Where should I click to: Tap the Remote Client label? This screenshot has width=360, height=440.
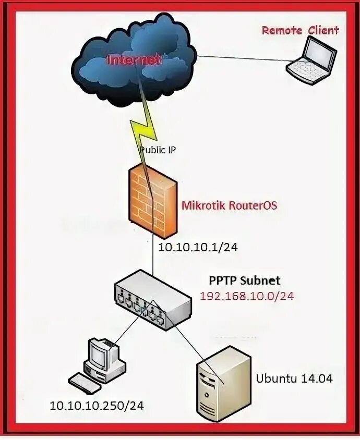pyautogui.click(x=300, y=30)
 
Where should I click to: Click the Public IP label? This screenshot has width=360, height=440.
pyautogui.click(x=158, y=150)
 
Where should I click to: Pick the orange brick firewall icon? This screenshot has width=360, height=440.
pyautogui.click(x=153, y=201)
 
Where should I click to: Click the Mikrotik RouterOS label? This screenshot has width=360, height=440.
pyautogui.click(x=229, y=205)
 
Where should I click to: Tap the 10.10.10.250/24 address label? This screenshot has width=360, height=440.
pyautogui.click(x=97, y=405)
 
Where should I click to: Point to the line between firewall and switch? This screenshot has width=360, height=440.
pyautogui.click(x=153, y=255)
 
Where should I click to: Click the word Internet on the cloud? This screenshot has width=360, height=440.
pyautogui.click(x=134, y=60)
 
